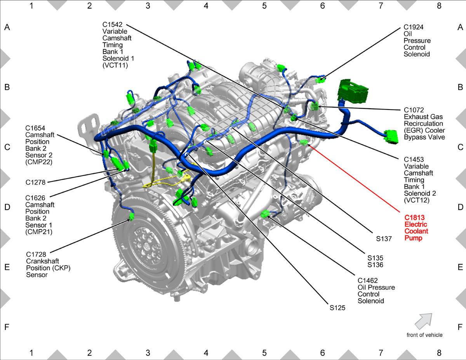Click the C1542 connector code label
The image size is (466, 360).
[112, 24]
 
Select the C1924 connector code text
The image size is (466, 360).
[414, 27]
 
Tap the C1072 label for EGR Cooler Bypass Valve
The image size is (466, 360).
[414, 110]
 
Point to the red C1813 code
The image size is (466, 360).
[414, 217]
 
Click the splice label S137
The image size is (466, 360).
[384, 239]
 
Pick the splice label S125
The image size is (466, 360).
[337, 308]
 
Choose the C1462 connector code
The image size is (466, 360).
[368, 280]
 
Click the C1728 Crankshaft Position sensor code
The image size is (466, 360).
[36, 254]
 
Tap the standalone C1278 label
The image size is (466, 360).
[35, 182]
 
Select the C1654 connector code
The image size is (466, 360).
[35, 128]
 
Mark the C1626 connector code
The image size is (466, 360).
[35, 198]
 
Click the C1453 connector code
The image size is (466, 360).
[414, 160]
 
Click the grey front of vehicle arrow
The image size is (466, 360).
[424, 321]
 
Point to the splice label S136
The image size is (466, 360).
[375, 265]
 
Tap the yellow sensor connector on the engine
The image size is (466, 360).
[186, 178]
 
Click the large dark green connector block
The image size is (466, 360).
[353, 91]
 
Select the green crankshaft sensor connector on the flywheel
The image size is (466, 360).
[132, 217]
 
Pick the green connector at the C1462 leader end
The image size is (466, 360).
[265, 214]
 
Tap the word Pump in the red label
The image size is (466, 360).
[413, 238]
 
